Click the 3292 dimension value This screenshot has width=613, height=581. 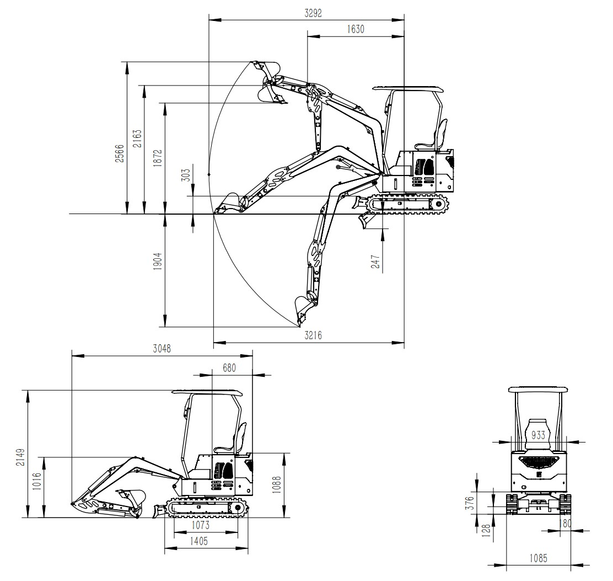coord(313,13)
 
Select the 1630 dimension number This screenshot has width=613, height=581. coord(356,29)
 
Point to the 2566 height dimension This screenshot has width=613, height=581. coord(119,153)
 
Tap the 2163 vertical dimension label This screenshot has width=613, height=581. coord(137,139)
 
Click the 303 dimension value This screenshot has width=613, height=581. coord(186,175)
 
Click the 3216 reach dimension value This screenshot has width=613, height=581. coord(313,335)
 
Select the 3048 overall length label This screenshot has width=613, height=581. coord(162,349)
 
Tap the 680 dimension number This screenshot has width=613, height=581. coord(229,368)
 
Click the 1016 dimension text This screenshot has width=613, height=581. coord(36,482)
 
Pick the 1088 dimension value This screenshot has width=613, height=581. coord(276,485)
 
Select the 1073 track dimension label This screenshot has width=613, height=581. coord(200,525)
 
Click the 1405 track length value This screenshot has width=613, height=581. coord(198,541)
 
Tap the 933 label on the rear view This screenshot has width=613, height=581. coord(539,435)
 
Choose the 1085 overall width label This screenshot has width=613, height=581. coord(539,558)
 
